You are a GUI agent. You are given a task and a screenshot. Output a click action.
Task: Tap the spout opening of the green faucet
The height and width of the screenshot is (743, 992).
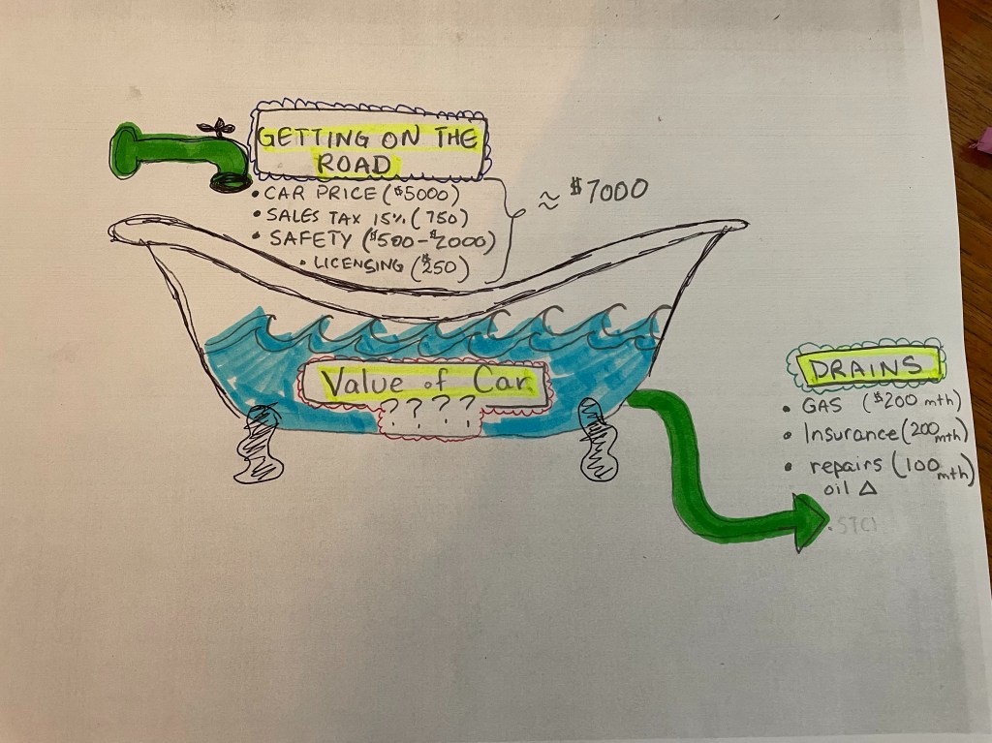click(233, 181)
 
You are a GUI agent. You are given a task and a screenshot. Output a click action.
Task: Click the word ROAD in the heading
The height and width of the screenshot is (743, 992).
click(356, 164)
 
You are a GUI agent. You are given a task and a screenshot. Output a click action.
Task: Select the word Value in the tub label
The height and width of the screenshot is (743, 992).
click(356, 382)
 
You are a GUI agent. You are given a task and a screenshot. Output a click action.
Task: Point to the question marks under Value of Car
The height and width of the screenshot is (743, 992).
click(432, 412)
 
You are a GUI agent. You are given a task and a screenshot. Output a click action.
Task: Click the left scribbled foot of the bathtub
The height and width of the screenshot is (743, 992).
click(258, 445)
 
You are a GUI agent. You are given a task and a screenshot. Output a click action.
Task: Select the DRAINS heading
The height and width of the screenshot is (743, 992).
click(867, 367)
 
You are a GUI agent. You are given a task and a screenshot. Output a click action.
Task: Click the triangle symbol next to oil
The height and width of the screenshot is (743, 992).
click(867, 491)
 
